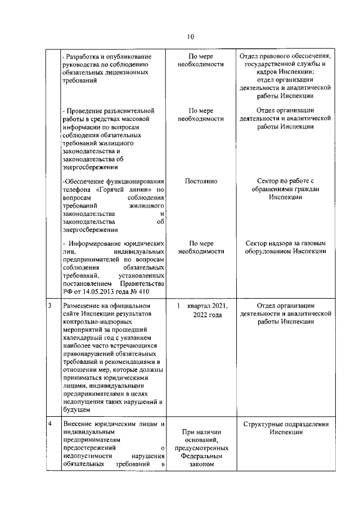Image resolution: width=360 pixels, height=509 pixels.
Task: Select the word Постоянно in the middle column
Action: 201,181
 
